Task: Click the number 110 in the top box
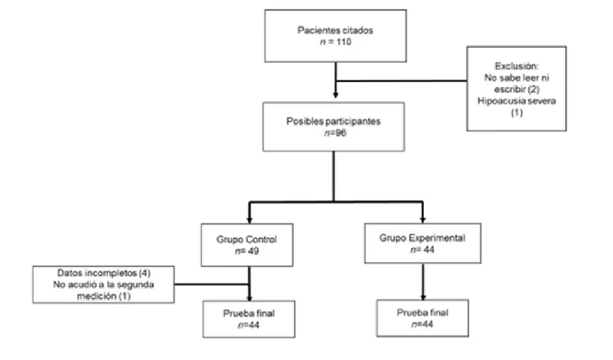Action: click(343, 42)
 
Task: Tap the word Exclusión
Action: click(517, 65)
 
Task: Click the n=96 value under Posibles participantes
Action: click(335, 133)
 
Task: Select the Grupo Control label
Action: click(247, 239)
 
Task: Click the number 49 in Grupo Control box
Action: click(254, 251)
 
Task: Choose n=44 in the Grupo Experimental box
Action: click(422, 249)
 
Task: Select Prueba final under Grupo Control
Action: click(249, 313)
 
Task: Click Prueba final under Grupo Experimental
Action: click(423, 312)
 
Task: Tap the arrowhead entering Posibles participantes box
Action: click(336, 95)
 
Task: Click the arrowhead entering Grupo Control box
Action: click(250, 220)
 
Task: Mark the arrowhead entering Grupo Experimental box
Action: click(423, 219)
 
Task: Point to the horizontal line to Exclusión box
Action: click(401, 81)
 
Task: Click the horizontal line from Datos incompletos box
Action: click(212, 284)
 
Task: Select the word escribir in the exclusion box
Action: click(510, 89)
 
